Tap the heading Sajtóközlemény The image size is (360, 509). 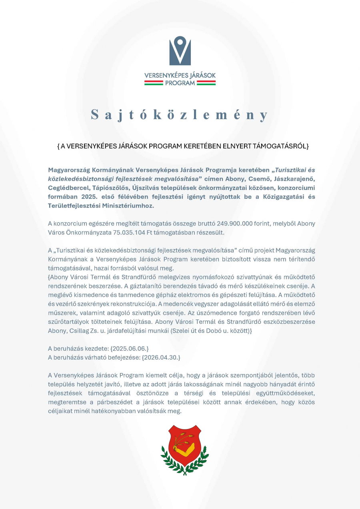pyautogui.click(x=180, y=115)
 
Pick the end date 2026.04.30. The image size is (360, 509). pyautogui.click(x=160, y=357)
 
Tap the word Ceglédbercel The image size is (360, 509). pyautogui.click(x=68, y=188)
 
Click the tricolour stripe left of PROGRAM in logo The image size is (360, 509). pyautogui.click(x=154, y=83)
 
